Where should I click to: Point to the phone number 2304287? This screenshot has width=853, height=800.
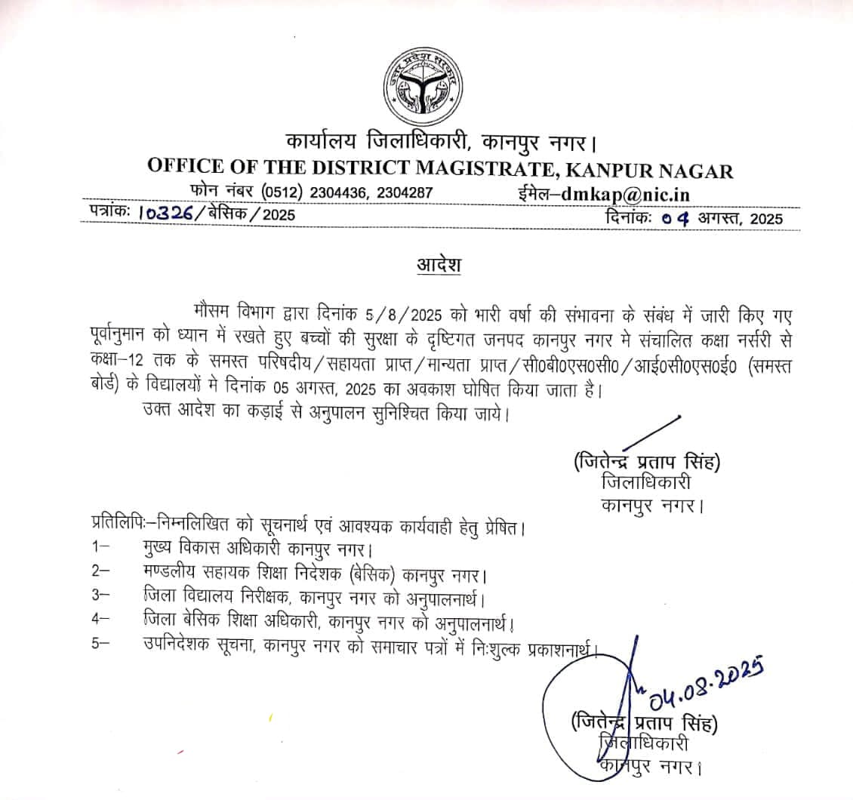pyautogui.click(x=402, y=193)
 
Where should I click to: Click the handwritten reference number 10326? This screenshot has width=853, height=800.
pyautogui.click(x=165, y=216)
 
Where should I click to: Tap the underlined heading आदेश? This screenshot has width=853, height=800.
pyautogui.click(x=439, y=266)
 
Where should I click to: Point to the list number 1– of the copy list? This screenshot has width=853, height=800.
pyautogui.click(x=100, y=546)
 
